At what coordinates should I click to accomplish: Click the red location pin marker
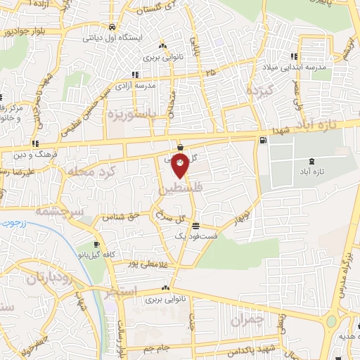coord(181,165)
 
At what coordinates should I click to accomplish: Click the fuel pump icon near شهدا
coord(263,140)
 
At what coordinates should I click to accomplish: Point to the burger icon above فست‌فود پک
coord(195,226)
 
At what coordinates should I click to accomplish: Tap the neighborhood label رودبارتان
coord(50,278)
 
